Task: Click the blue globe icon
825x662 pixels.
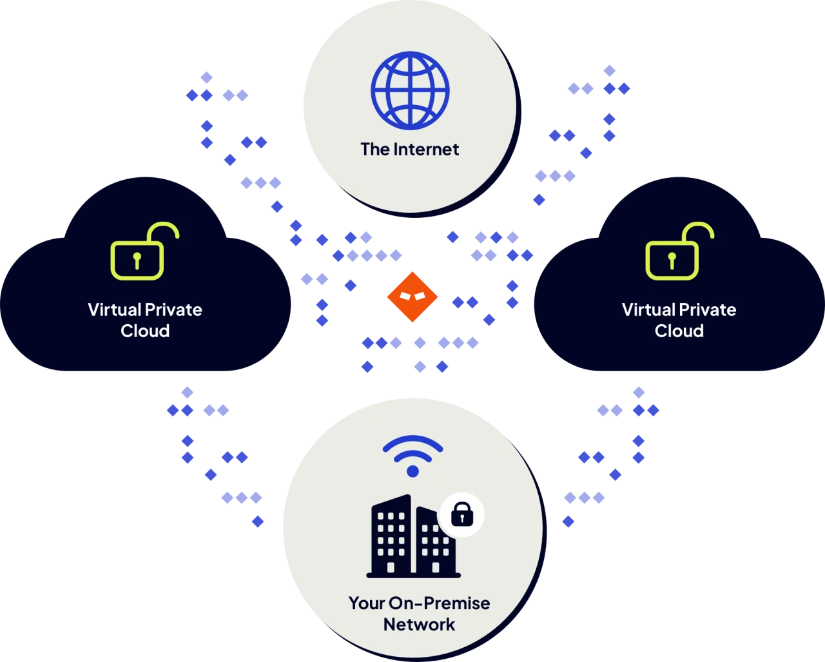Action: click(410, 90)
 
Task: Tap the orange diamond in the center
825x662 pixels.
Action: click(412, 297)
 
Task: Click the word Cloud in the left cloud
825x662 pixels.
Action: click(145, 331)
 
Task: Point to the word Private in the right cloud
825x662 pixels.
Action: click(709, 309)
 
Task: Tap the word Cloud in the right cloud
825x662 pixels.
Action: click(679, 331)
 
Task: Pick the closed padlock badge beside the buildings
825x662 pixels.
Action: click(461, 515)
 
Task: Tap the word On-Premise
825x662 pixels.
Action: click(438, 603)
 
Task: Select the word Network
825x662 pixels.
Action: click(419, 625)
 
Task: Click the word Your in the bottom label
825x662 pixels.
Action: click(366, 603)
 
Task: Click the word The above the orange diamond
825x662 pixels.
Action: click(373, 150)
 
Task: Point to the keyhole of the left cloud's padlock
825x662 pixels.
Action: click(137, 260)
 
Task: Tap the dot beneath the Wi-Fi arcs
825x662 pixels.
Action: click(412, 471)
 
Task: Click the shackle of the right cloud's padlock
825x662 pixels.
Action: click(699, 232)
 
